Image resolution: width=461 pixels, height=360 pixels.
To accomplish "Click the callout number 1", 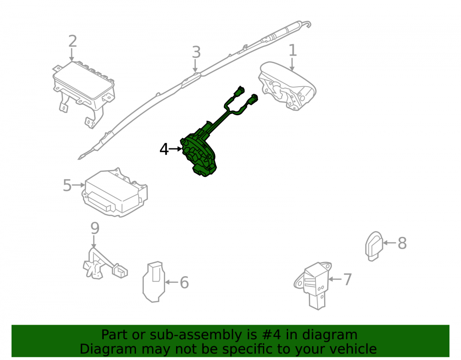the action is coord(293,50).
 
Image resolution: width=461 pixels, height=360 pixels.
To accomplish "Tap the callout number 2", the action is coord(73,41).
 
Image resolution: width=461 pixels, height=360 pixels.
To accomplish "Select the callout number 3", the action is coord(196,52).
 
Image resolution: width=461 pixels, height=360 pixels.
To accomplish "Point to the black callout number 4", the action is coord(164,149).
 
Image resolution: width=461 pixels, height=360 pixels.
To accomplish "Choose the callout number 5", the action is coord(67,185).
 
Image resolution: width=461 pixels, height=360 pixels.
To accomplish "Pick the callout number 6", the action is coord(184,283).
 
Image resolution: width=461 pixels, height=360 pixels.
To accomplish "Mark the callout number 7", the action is coord(347,279).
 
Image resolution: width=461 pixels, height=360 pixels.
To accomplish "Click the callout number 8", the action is coord(402,243).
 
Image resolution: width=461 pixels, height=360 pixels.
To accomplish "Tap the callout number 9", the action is coord(95,228).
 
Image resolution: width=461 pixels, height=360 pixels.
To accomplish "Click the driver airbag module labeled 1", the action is coord(287,86).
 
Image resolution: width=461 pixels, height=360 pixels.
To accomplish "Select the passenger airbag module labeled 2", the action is coord(84,93).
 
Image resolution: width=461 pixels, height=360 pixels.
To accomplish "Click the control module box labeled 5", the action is coord(115,193).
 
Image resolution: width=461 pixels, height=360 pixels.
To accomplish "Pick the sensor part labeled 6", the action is coord(154,282).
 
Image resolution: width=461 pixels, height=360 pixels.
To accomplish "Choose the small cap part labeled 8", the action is coord(374,246).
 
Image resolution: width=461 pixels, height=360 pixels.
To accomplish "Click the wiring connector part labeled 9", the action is coord(104,265).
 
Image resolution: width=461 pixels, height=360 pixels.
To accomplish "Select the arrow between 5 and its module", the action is coord(78,185).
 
